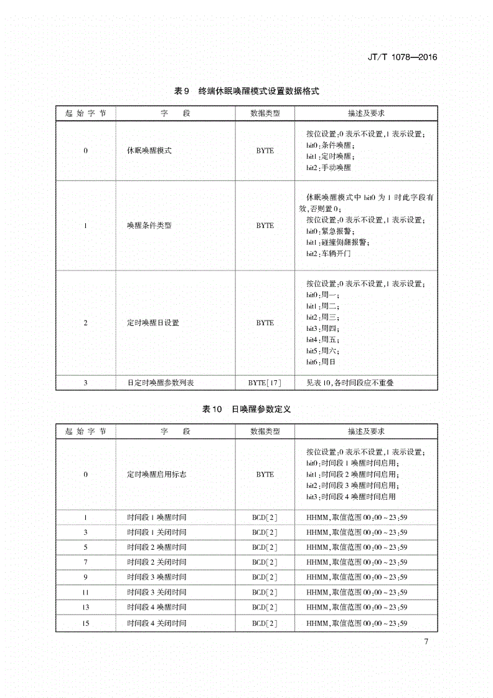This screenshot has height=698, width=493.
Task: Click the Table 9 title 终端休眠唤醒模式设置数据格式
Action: click(247, 91)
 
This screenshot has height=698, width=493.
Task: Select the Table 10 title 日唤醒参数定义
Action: click(247, 409)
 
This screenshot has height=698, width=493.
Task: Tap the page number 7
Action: click(426, 643)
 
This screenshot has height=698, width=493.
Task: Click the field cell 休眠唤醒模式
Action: click(149, 151)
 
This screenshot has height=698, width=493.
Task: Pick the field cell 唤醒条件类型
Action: click(149, 226)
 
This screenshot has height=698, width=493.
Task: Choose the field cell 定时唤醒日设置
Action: click(153, 323)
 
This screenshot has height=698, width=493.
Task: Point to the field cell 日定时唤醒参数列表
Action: click(156, 383)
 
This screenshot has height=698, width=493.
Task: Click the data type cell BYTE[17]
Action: click(265, 383)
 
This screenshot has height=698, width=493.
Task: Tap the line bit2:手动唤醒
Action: click(329, 168)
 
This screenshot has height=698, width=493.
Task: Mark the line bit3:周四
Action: click(322, 328)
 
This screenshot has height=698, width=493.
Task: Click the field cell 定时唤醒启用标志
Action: click(156, 474)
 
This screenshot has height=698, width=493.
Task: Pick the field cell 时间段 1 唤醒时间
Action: click(156, 517)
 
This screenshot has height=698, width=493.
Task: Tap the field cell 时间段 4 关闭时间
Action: click(156, 623)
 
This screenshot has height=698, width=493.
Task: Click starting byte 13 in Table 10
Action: click(85, 608)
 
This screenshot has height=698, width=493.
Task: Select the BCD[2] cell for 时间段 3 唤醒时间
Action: click(265, 577)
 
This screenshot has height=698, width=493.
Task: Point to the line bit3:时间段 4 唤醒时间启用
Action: click(350, 497)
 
